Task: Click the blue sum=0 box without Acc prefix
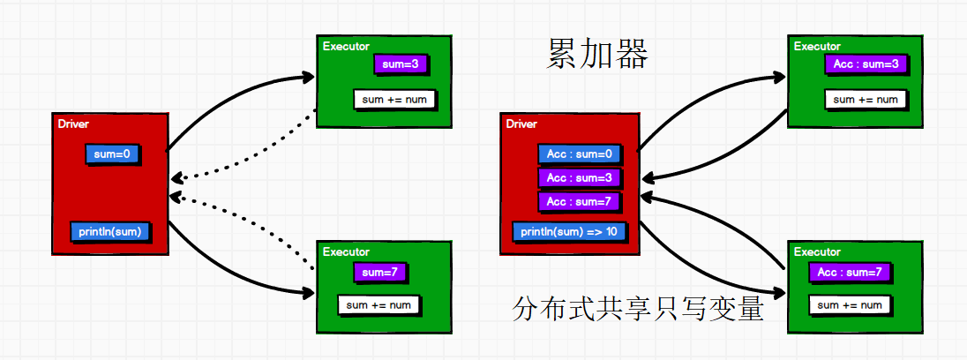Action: tap(113, 154)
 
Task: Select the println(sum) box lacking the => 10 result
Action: tap(110, 231)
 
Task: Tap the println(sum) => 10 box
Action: tap(569, 232)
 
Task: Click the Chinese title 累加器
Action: tap(597, 55)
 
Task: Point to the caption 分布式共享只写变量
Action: tap(637, 310)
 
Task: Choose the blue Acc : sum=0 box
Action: tap(579, 154)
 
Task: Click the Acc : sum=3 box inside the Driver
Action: tap(579, 178)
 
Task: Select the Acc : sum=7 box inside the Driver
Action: tap(579, 202)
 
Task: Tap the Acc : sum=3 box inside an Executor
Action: tap(865, 64)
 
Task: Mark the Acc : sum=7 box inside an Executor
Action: tap(850, 273)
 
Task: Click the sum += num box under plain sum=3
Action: tap(394, 100)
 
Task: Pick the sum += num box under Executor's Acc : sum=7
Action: tap(850, 305)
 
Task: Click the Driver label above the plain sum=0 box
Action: tap(73, 124)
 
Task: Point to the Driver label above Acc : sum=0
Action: tap(521, 124)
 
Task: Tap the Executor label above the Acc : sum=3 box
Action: tap(817, 47)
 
